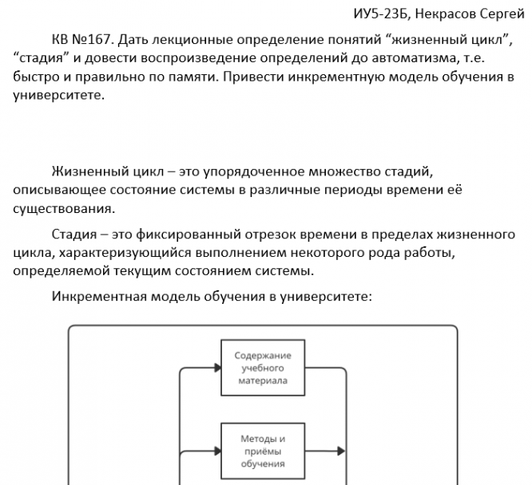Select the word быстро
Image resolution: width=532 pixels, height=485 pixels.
[35, 78]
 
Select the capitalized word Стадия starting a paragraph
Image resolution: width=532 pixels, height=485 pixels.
[75, 235]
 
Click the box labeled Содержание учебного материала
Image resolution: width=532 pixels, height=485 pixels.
[262, 368]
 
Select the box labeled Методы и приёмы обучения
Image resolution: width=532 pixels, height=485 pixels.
[262, 451]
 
